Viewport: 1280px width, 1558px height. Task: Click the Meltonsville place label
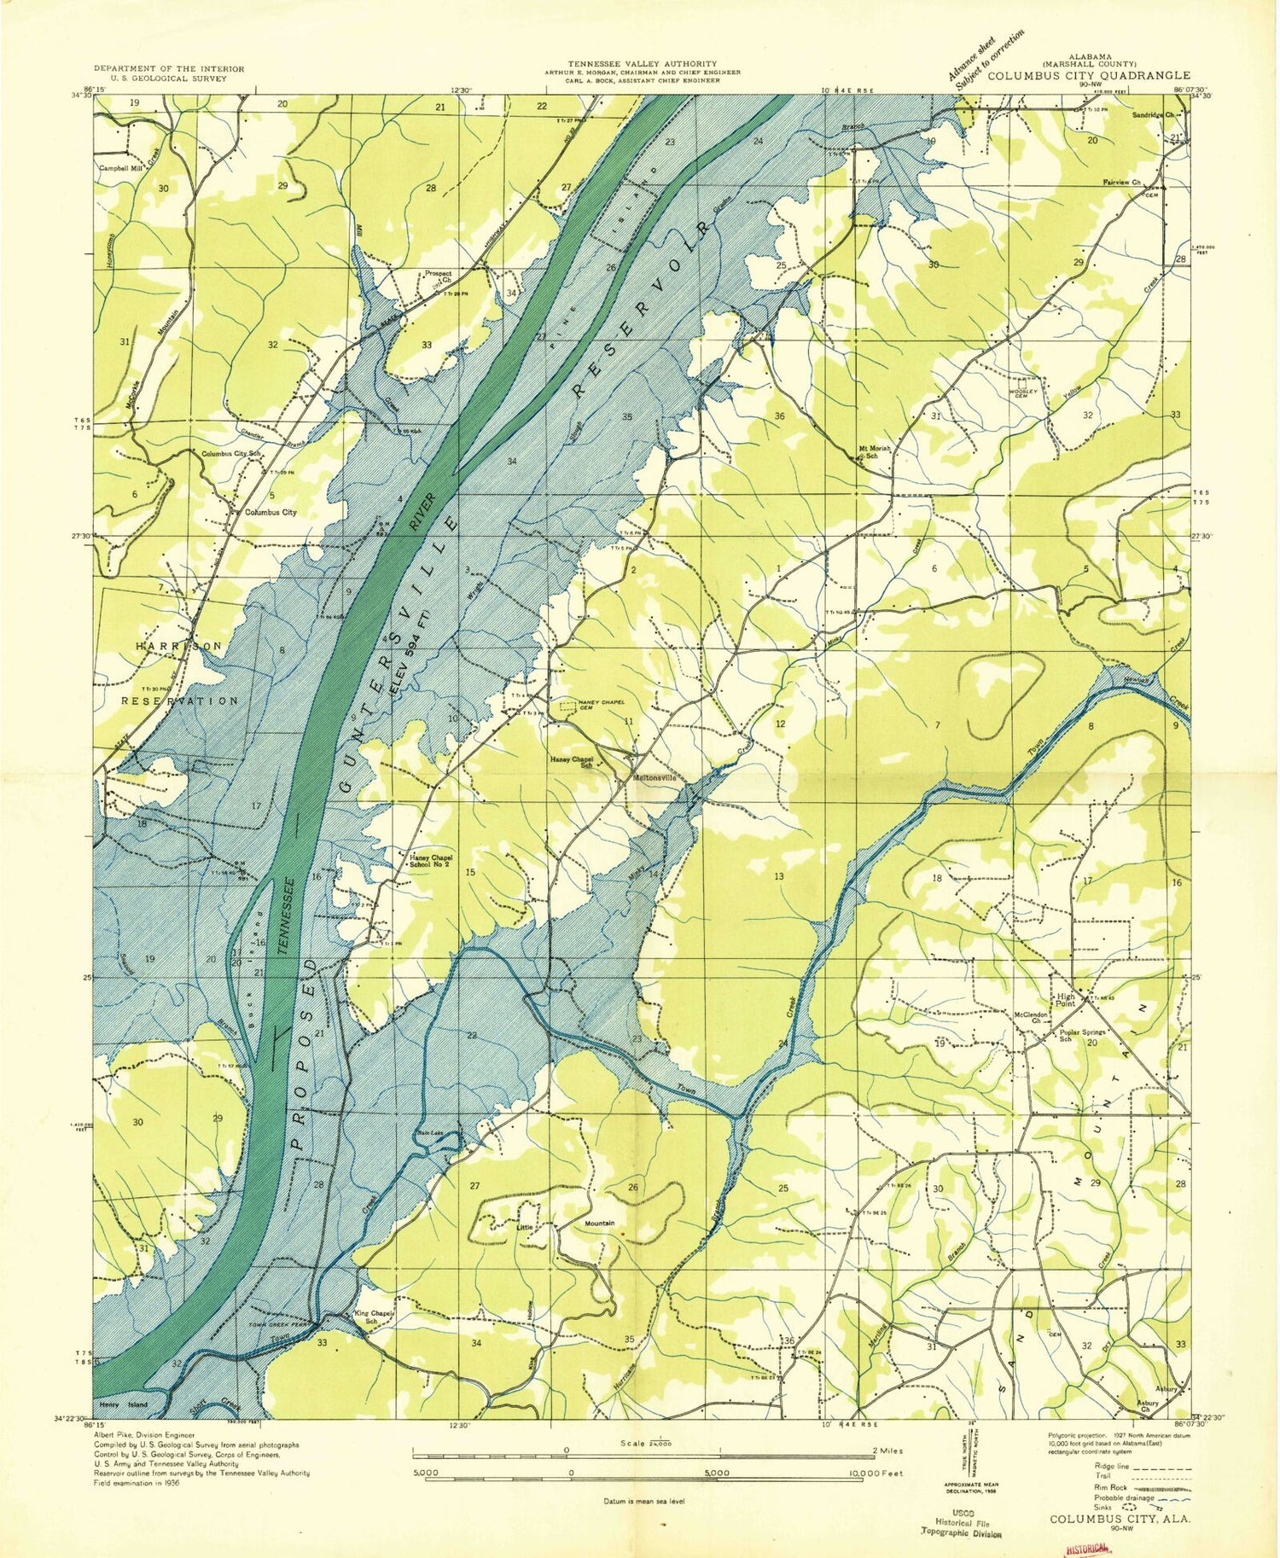click(x=655, y=777)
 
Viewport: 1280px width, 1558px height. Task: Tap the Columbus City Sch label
click(x=230, y=454)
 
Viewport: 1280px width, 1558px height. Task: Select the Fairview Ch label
click(x=1134, y=182)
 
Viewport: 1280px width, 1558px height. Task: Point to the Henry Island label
click(x=124, y=1404)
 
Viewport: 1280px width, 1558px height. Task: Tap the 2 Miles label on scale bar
click(x=887, y=1450)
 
